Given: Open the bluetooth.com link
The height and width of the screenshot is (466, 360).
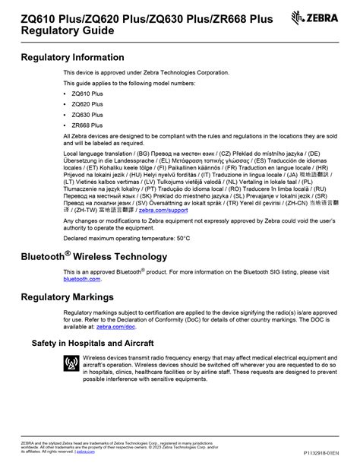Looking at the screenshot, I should point(81,279).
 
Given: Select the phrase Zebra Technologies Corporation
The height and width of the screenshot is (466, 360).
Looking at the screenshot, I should point(188,72).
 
